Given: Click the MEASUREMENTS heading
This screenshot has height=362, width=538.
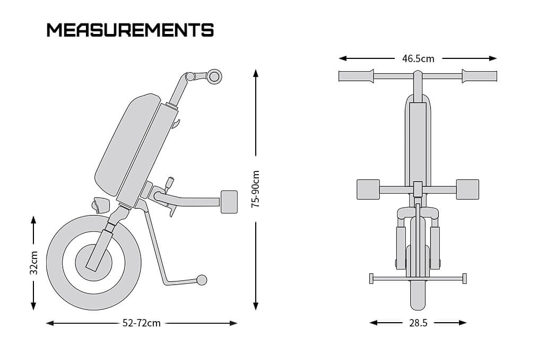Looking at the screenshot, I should click(130, 30).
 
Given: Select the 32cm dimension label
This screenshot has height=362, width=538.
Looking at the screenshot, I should click(33, 263).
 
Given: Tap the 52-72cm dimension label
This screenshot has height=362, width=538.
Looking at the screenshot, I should click(141, 323).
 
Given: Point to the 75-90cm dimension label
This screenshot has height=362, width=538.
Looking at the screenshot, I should click(256, 188).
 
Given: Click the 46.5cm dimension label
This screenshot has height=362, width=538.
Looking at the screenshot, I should click(418, 58).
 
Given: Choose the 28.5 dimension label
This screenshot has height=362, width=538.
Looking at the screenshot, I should click(418, 323).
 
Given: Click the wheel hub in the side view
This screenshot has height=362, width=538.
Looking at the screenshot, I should click(93, 260).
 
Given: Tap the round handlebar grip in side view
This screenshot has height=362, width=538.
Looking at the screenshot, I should click(214, 76).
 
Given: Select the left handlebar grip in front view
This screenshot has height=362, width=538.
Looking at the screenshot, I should click(357, 76).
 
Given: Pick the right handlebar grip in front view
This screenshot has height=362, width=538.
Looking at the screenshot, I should click(479, 76).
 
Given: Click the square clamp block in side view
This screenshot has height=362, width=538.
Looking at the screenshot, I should click(229, 202).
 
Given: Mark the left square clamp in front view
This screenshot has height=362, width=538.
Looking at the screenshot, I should click(368, 189).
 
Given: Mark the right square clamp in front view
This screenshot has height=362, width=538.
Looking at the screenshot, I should click(467, 189).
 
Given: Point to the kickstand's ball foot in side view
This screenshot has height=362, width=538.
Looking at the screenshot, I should click(202, 279).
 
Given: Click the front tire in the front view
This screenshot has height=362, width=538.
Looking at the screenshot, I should click(418, 295).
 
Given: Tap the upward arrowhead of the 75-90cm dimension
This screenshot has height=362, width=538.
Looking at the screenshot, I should click(256, 73).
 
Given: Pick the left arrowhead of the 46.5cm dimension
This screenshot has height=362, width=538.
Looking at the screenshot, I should click(343, 58).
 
